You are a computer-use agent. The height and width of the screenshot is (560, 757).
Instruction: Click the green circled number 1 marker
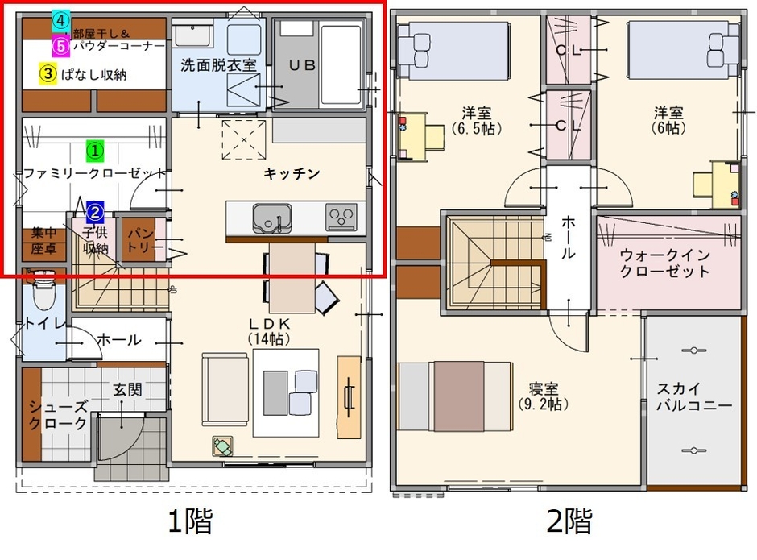coord(95,150)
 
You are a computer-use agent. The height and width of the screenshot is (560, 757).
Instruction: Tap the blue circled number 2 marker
coord(95,212)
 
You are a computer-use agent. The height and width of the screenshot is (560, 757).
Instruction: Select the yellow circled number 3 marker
coord(48,73)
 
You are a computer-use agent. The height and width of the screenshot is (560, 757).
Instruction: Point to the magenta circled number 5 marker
coord(60,45)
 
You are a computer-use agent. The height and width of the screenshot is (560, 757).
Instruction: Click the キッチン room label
coord(292,173)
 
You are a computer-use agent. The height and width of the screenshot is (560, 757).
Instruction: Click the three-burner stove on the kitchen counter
coord(341,217)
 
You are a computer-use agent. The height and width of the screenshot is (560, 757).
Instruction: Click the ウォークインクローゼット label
coord(665,263)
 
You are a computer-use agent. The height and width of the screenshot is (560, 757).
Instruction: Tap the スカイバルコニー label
coord(693,396)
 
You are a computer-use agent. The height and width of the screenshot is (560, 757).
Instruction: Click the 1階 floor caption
coord(190,522)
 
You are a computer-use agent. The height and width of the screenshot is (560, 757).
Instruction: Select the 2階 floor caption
coord(569,522)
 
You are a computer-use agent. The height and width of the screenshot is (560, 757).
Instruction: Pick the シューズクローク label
coord(57,414)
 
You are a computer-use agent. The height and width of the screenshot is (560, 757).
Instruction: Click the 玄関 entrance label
coord(126,390)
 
